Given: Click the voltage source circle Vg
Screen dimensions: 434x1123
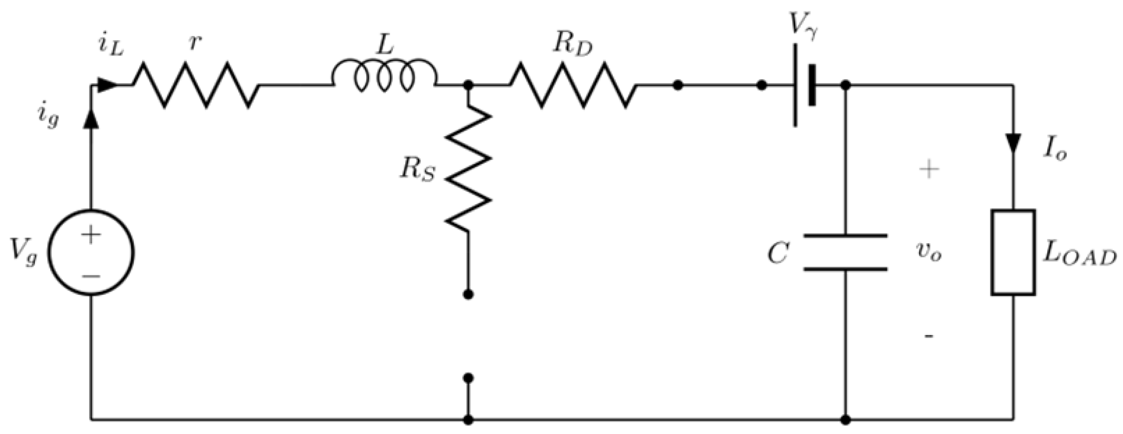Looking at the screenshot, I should coord(91,252).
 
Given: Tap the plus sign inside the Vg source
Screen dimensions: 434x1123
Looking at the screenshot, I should coord(91,235).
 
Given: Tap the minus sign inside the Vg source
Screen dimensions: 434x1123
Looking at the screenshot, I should coord(91,276).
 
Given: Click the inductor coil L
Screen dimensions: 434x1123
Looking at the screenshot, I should coord(384,77).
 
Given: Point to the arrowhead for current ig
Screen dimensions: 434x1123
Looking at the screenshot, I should coord(91,119).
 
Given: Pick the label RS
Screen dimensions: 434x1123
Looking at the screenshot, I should coord(417,171).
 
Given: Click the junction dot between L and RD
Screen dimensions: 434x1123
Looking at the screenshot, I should coord(469,85).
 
